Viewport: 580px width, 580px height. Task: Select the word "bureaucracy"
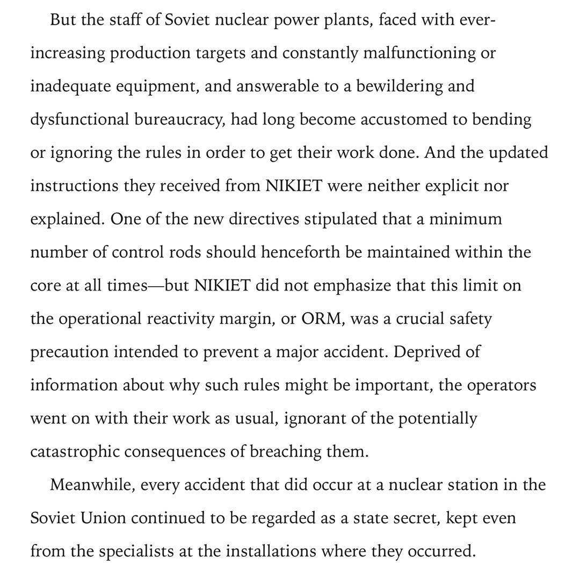pos(179,119)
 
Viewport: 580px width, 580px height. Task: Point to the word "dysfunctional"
pos(79,119)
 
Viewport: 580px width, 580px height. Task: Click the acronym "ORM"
pos(321,318)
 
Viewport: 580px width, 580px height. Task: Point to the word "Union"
pos(104,518)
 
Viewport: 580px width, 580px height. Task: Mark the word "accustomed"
pos(404,119)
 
